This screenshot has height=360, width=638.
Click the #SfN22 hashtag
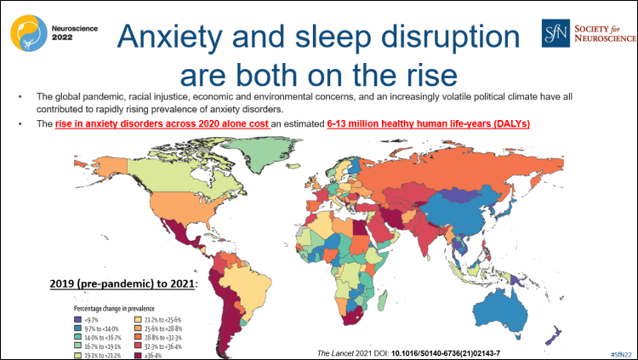tap(623, 352)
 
